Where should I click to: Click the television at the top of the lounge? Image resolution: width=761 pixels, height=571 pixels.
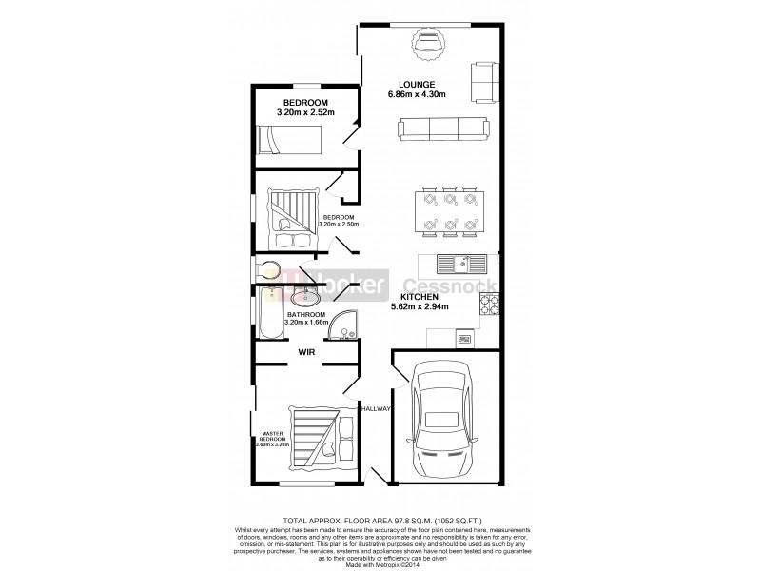427,41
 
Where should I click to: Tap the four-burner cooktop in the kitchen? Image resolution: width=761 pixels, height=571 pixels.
490,305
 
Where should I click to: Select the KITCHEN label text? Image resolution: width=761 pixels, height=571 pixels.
418,295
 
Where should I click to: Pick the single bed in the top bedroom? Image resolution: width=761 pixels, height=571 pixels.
286,143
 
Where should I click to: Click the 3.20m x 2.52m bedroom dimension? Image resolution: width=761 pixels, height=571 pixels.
305,113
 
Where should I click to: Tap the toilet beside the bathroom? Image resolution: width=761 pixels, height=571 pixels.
269,267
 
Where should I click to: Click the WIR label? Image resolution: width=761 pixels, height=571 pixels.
306,352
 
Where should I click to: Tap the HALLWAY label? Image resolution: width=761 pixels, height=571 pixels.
376,408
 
